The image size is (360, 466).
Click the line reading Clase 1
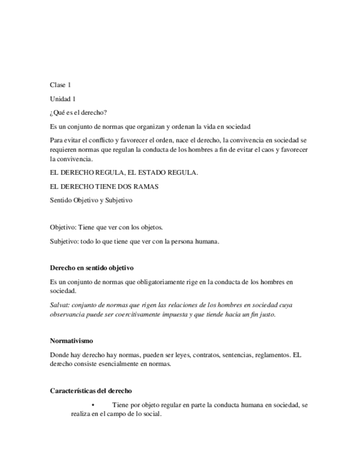60,85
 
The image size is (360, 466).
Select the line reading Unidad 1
63,99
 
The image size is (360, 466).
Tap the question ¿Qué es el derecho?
78,113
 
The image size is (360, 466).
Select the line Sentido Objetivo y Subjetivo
91,201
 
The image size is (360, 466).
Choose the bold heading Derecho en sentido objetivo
91,268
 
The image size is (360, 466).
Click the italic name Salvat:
59,306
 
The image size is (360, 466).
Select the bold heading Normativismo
71,341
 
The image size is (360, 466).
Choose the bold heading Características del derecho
91,391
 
